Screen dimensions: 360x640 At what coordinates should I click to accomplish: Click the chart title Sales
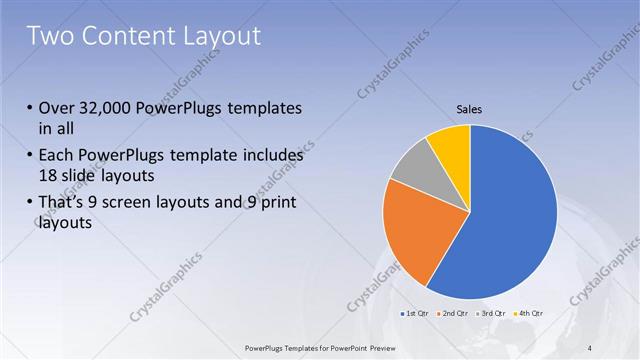(470, 108)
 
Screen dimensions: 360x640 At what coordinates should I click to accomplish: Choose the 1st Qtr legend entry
(417, 314)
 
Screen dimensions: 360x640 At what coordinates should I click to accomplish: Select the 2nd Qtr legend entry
(454, 314)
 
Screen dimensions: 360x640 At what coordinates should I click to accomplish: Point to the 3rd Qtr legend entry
(490, 314)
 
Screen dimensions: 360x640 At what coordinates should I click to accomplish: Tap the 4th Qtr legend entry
(527, 314)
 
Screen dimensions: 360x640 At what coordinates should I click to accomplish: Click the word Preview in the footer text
(397, 347)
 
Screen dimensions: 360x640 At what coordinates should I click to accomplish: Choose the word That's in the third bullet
(62, 204)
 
